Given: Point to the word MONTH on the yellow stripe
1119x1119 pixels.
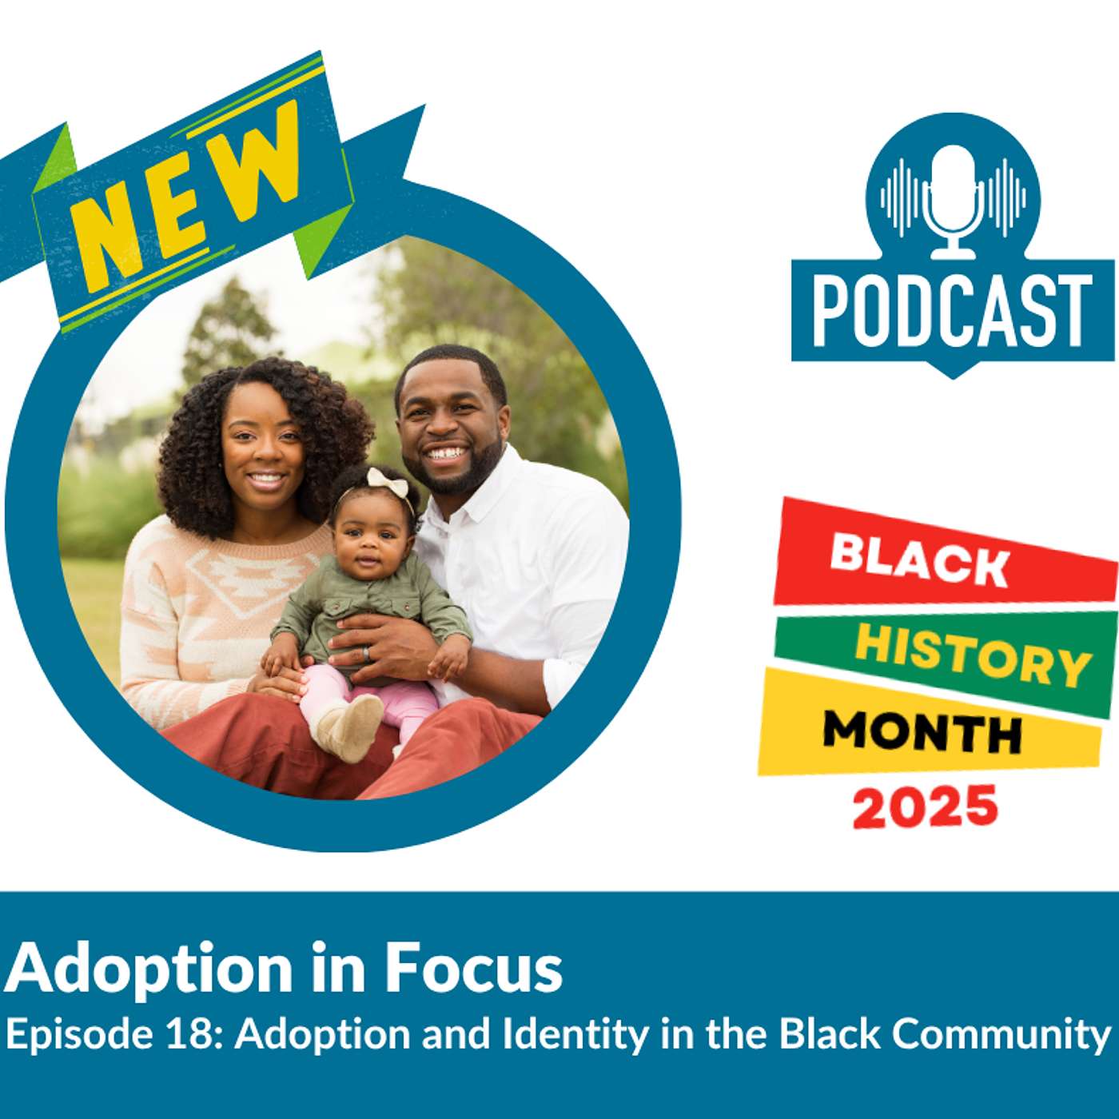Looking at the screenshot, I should [922, 731].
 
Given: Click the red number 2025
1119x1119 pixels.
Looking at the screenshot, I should [926, 806].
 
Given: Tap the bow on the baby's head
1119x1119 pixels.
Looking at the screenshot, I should [388, 484].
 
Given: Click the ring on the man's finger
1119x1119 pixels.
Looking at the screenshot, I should [367, 653].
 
